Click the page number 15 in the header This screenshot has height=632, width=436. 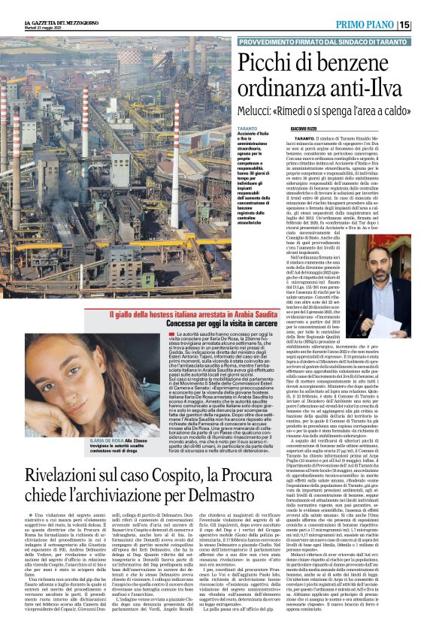pos(425,25)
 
